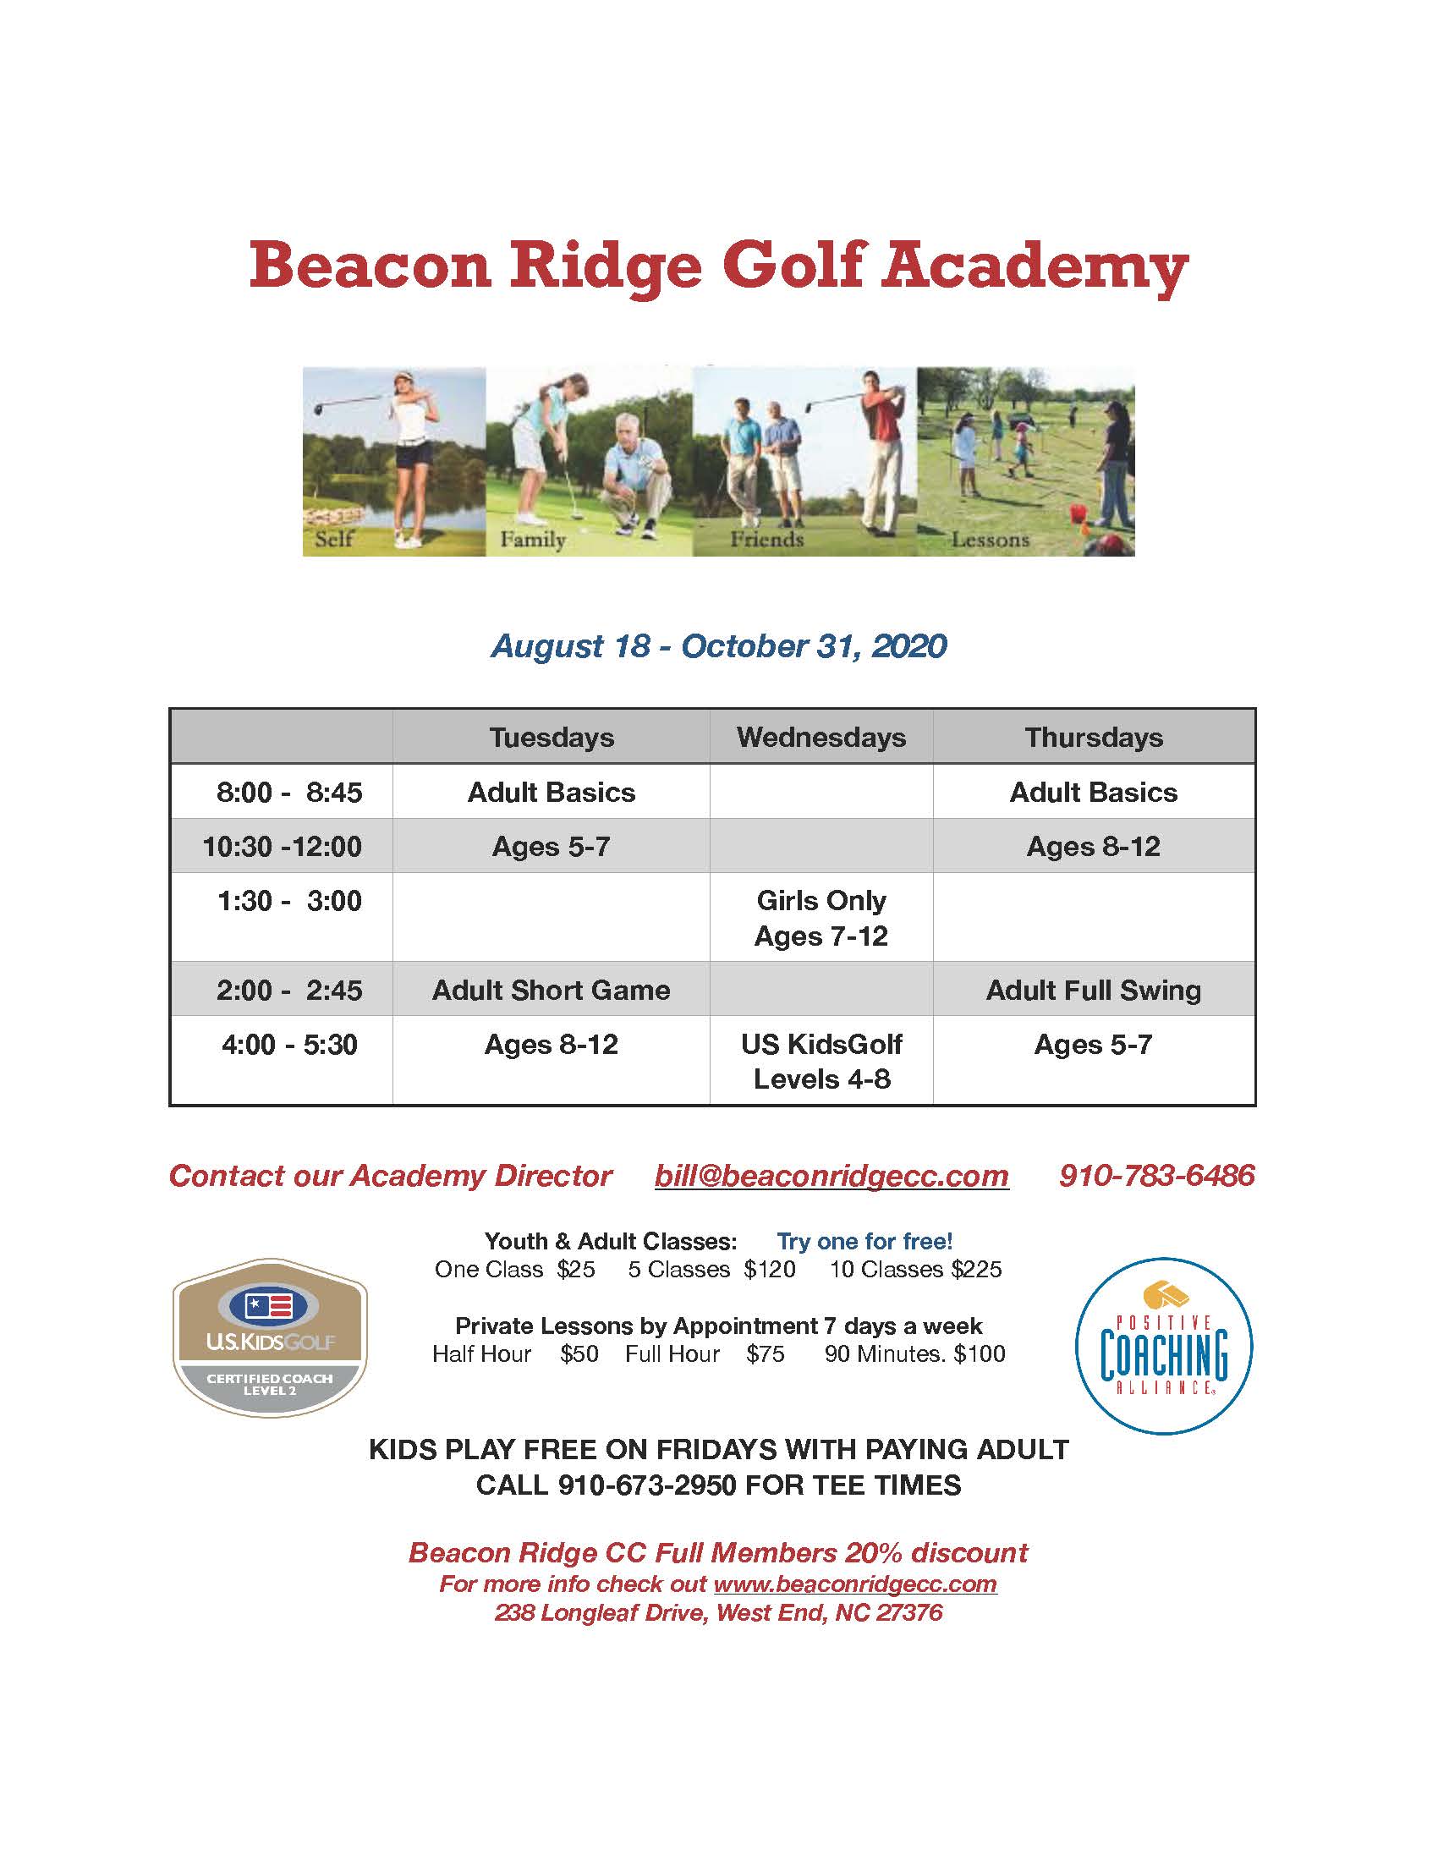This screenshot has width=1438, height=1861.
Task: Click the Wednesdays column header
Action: [821, 737]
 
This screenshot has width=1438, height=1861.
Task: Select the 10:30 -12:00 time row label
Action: [282, 846]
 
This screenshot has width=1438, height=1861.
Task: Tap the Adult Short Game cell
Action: [551, 990]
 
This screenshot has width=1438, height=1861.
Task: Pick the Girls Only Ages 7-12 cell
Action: [821, 918]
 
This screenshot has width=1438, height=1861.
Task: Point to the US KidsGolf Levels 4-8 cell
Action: [821, 1061]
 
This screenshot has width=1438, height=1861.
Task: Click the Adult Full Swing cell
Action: [1093, 990]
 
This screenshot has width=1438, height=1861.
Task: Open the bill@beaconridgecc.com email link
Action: [832, 1176]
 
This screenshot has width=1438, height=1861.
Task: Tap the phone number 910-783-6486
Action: [1156, 1176]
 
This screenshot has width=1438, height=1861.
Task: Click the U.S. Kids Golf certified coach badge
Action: [270, 1338]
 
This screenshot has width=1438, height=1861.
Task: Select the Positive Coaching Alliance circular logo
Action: [1163, 1347]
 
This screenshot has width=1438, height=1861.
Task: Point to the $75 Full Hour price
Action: [765, 1354]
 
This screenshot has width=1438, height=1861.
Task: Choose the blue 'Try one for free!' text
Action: [864, 1242]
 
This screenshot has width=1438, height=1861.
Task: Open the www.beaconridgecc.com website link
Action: [854, 1584]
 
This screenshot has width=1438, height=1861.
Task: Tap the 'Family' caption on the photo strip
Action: [532, 540]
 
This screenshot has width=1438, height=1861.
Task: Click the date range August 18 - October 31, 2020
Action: [718, 646]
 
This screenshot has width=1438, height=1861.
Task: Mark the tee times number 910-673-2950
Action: [646, 1485]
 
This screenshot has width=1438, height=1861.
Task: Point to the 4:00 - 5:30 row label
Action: [288, 1044]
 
